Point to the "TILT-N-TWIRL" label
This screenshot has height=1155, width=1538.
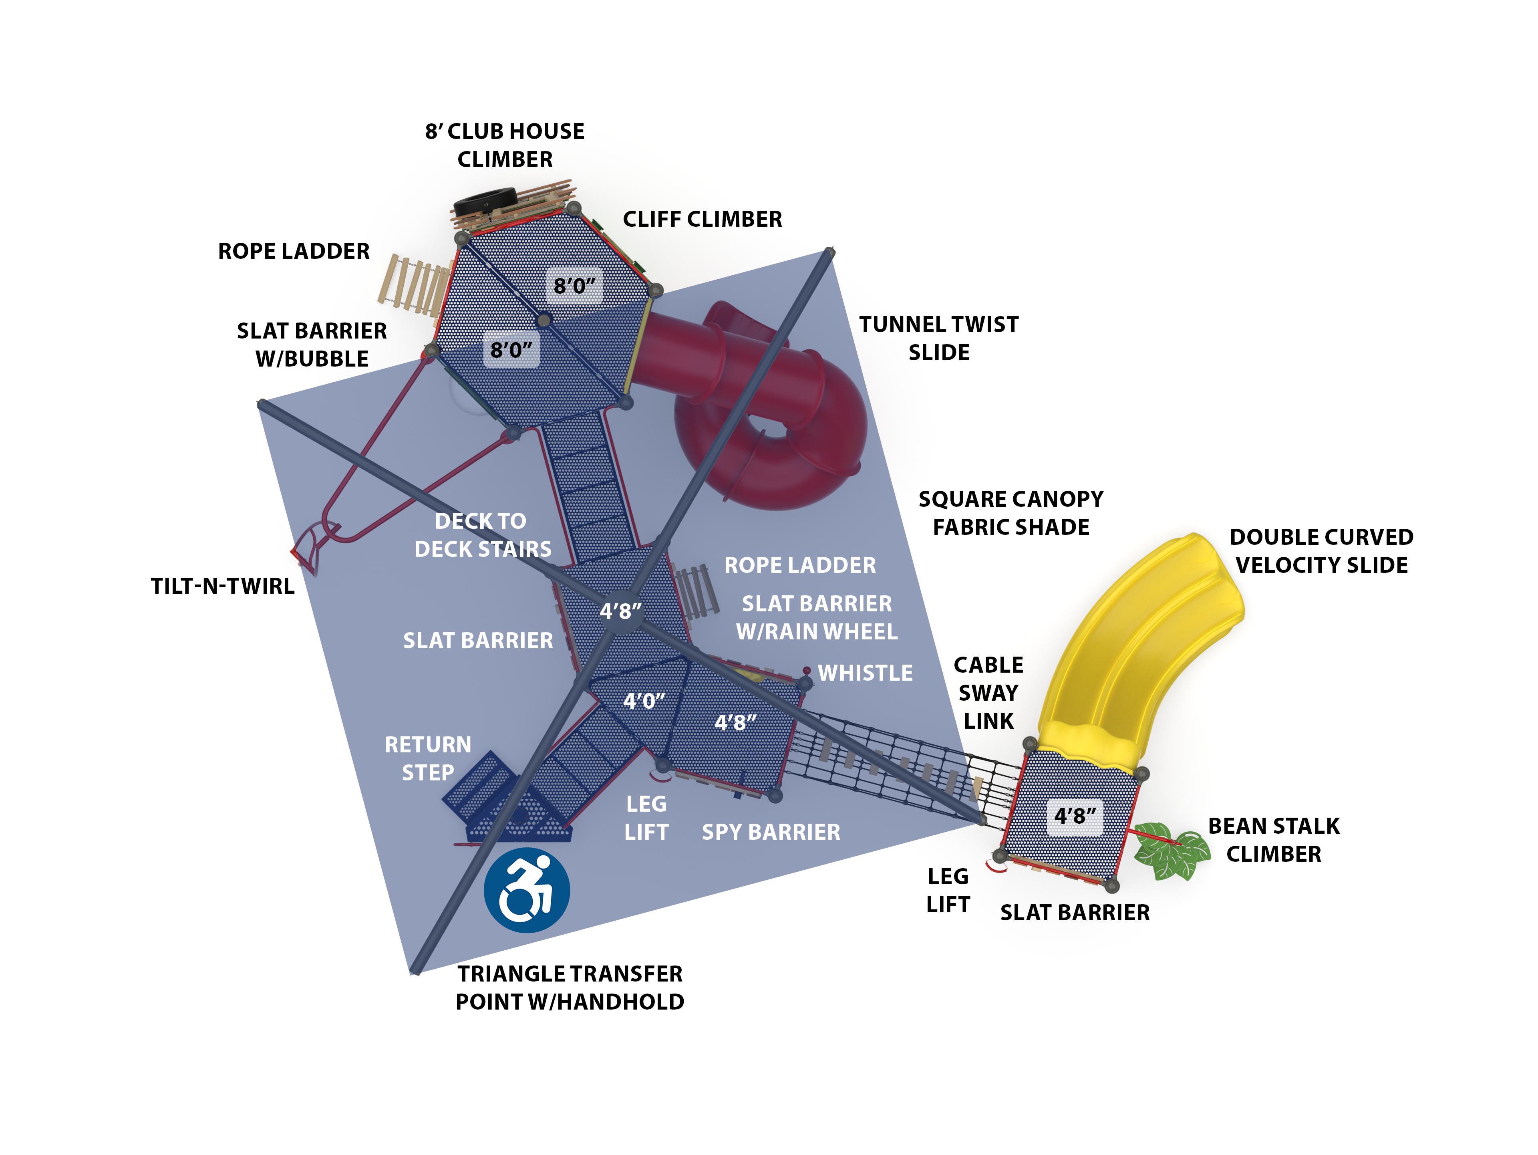click(223, 586)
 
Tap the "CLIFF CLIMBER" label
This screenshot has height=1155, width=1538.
click(702, 219)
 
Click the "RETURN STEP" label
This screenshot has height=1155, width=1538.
click(428, 759)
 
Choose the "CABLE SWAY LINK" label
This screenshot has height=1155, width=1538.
click(988, 693)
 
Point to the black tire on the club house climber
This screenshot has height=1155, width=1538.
click(485, 201)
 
